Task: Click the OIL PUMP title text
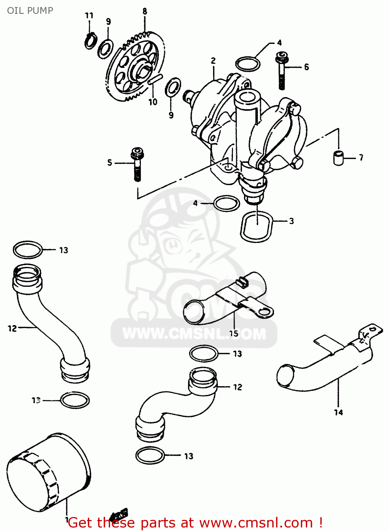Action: click(30, 10)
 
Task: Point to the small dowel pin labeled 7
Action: click(339, 158)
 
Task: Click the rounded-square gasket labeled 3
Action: click(257, 226)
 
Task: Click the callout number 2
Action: click(213, 61)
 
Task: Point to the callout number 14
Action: click(338, 412)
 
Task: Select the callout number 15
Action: click(234, 333)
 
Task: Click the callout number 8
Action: click(145, 11)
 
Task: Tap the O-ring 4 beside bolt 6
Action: click(248, 64)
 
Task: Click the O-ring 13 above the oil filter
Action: click(75, 400)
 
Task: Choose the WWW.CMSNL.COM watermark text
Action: click(194, 333)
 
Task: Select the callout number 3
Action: click(291, 221)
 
